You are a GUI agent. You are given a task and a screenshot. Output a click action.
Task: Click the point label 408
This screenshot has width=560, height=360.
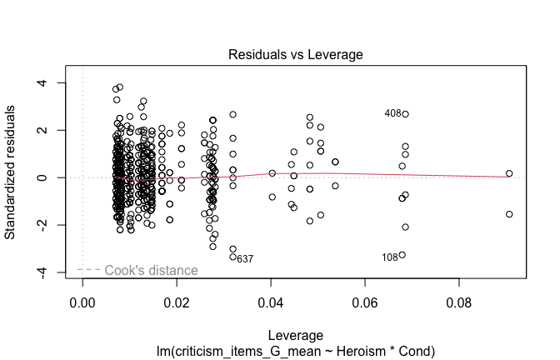tap(392, 113)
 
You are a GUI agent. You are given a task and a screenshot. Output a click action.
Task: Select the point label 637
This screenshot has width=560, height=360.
tap(245, 259)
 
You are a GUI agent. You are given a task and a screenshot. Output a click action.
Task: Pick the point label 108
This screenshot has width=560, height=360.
tap(390, 257)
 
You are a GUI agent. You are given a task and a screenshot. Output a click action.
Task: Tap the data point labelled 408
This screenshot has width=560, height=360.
tap(405, 114)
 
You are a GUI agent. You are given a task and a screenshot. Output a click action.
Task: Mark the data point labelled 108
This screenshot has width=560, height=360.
tap(402, 255)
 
